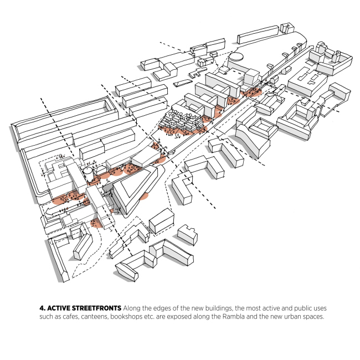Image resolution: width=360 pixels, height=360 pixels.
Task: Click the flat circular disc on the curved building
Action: point(237,55)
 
